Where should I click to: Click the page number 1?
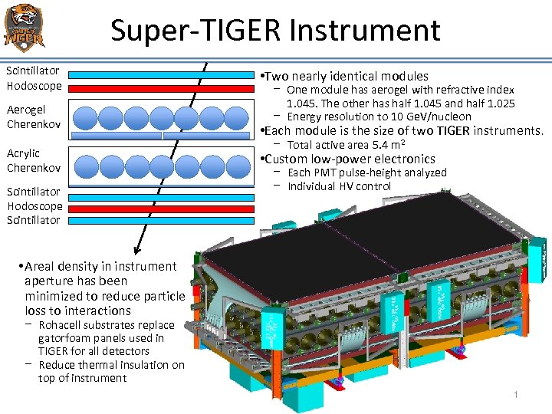(516, 394)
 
